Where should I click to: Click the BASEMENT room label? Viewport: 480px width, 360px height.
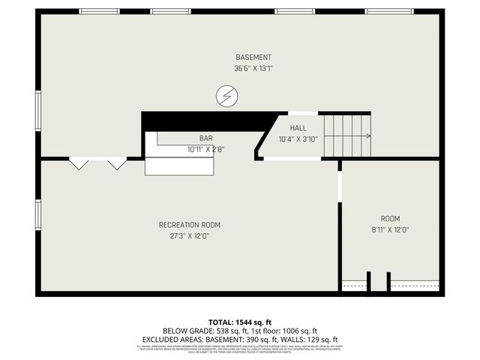(253, 57)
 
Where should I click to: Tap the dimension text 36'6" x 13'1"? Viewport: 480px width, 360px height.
(253, 69)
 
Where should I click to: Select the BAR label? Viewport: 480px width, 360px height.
(205, 138)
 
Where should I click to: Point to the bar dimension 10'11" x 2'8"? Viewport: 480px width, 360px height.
(205, 149)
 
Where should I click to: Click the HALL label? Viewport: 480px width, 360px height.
(298, 128)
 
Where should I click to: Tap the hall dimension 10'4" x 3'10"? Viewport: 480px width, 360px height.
(298, 139)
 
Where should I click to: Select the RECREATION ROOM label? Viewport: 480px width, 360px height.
(190, 224)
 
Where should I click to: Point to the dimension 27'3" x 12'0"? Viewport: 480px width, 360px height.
(190, 235)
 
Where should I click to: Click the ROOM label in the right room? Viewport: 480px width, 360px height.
(390, 218)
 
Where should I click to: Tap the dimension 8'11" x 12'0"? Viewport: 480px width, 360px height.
(390, 229)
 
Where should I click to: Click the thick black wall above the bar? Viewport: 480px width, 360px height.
(202, 121)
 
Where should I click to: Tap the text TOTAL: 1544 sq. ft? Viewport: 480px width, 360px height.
(239, 321)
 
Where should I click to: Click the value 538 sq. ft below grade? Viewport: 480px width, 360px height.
(226, 331)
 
